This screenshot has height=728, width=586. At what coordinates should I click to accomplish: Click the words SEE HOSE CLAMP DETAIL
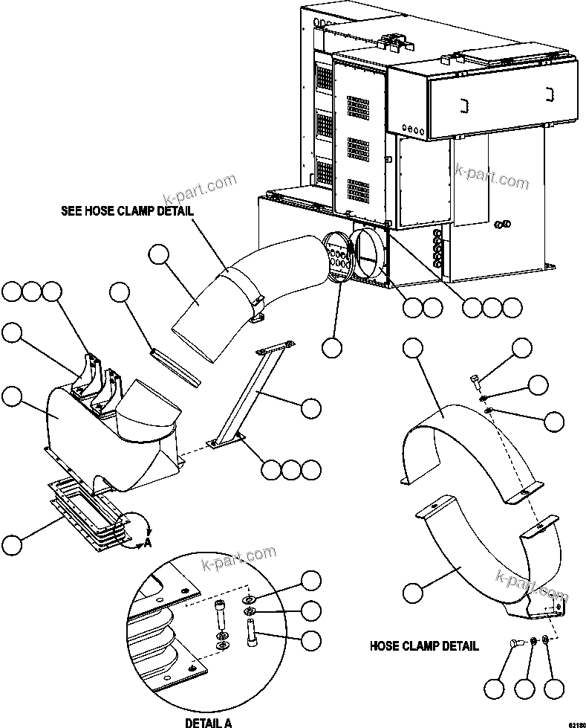[127, 210]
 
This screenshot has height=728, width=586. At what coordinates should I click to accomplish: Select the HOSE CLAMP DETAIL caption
[424, 645]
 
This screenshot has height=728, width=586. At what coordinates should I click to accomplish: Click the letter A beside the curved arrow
[147, 542]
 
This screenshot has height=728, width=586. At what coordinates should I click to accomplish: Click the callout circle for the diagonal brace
[311, 407]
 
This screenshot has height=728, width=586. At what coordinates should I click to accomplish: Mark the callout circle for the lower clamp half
[413, 593]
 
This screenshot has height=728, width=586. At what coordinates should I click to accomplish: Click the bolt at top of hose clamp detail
[475, 383]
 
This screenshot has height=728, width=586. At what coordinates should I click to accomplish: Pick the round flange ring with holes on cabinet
[339, 255]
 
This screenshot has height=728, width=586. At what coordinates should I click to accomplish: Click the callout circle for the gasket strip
[120, 293]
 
